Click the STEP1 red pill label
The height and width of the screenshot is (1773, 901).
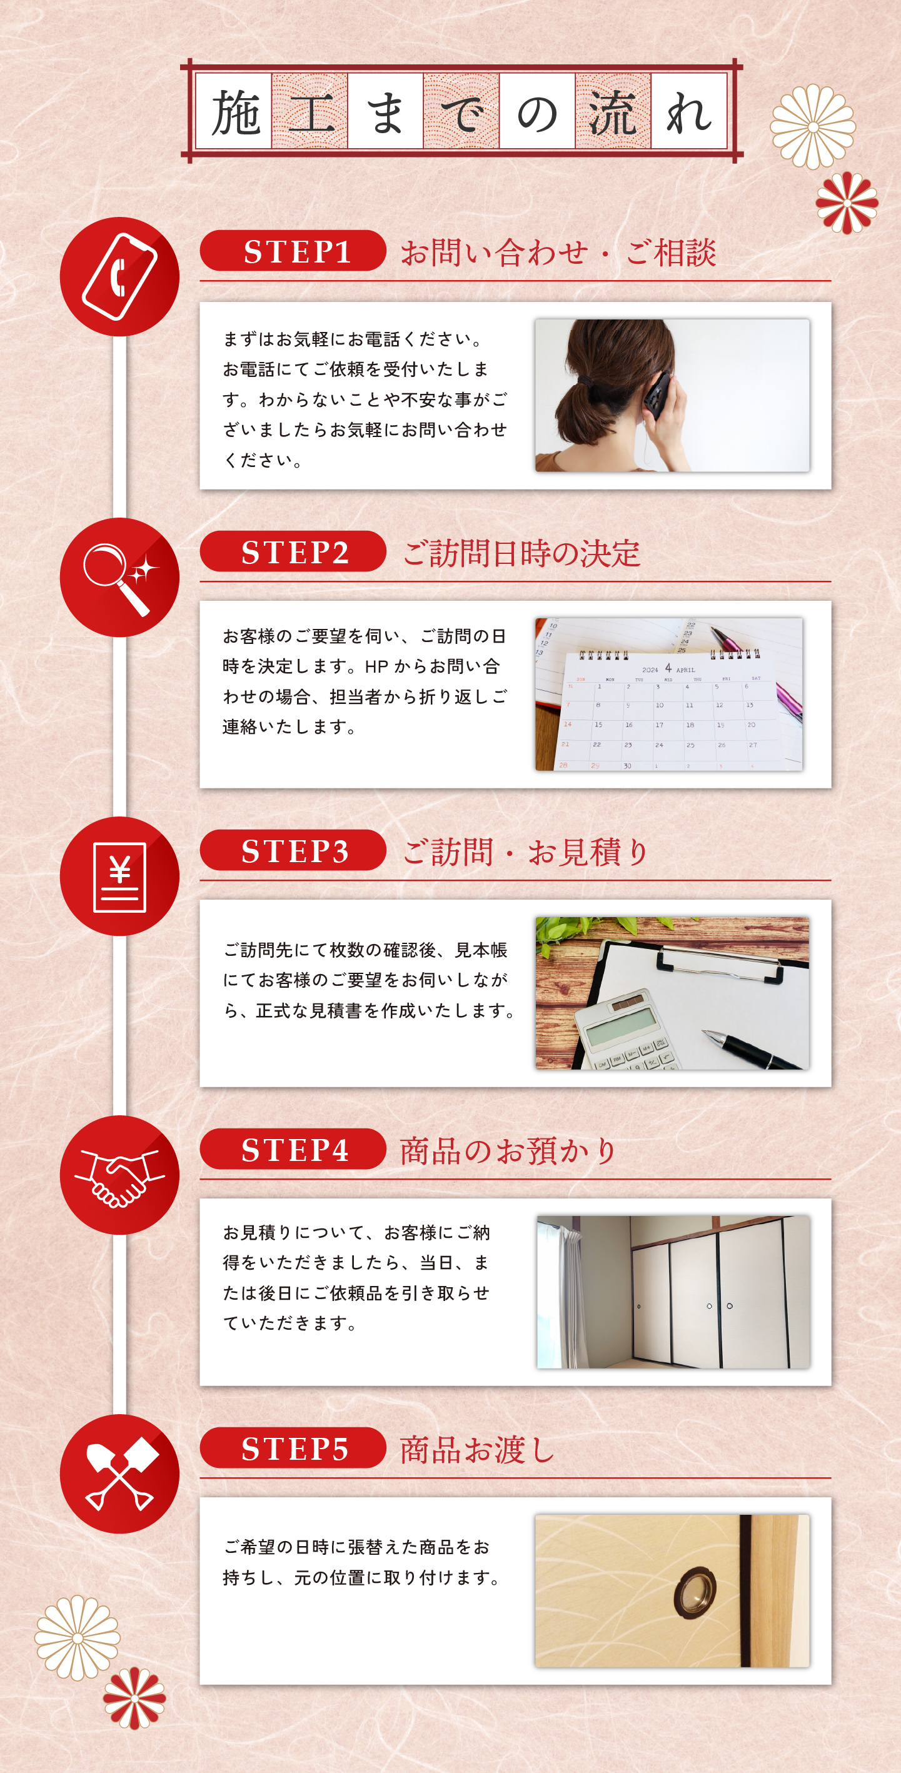click(293, 251)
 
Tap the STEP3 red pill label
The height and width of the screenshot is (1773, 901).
click(293, 850)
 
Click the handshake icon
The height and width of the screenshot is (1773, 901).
click(120, 1177)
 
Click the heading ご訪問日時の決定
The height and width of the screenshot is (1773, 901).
click(521, 553)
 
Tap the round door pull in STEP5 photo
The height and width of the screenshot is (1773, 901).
click(695, 1594)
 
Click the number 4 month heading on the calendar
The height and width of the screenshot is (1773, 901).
click(668, 668)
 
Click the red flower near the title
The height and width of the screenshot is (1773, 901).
click(847, 203)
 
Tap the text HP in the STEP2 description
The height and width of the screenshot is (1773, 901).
click(376, 666)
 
